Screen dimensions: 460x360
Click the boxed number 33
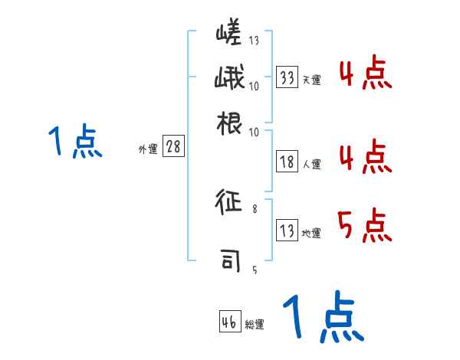tap(287, 77)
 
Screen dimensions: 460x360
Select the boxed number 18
tap(287, 162)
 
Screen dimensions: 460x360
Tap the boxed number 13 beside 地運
tap(287, 231)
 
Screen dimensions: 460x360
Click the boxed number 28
tap(173, 148)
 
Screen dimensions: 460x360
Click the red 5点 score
tap(364, 226)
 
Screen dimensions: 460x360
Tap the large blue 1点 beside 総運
tap(321, 318)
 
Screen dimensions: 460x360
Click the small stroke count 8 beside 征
tap(255, 207)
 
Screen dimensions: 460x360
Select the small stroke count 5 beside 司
tap(255, 269)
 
